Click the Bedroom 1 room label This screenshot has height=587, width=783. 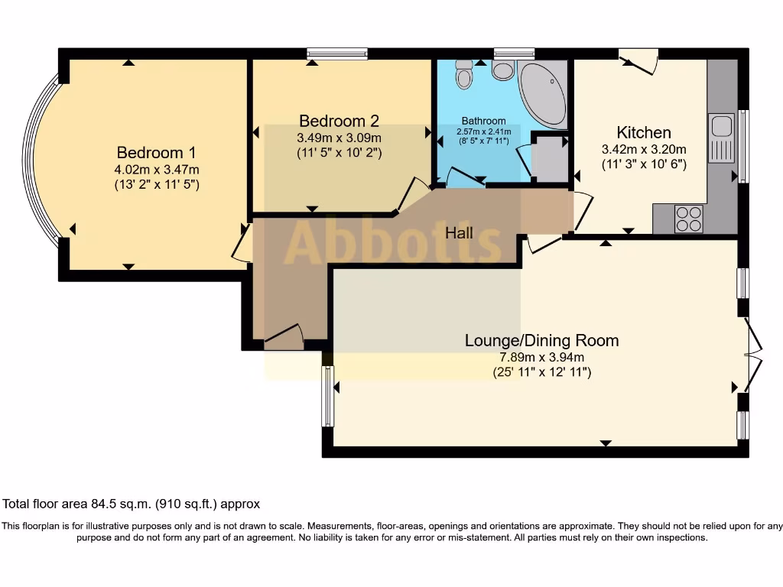click(x=150, y=152)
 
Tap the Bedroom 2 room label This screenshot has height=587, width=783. click(x=339, y=121)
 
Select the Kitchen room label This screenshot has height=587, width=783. click(x=644, y=132)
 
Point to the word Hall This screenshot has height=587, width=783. click(x=459, y=233)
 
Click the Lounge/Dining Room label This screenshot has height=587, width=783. click(x=541, y=340)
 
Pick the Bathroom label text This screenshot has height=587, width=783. click(x=483, y=121)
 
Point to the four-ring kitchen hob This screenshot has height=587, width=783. click(x=688, y=219)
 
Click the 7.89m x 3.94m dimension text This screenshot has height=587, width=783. click(x=541, y=357)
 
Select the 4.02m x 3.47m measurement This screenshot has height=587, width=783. click(x=150, y=169)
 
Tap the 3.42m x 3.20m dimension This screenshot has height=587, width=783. click(x=644, y=149)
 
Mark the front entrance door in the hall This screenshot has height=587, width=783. click(x=284, y=338)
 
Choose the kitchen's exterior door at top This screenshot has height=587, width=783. click(x=638, y=62)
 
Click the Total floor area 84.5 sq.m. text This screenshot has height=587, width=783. click(x=132, y=504)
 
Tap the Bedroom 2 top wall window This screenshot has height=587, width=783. click(x=337, y=54)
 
